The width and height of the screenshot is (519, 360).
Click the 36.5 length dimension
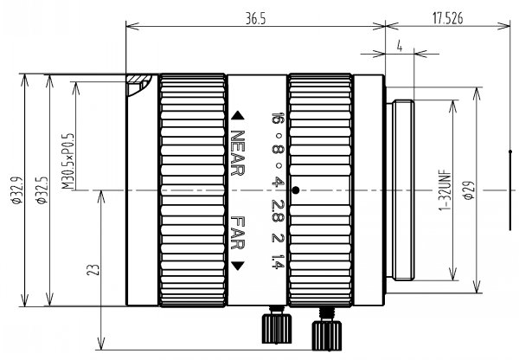tap(255, 19)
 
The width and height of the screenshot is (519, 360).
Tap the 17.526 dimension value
tap(448, 19)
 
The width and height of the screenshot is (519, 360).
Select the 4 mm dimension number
tap(400, 47)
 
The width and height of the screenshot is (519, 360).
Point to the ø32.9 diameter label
tap(17, 190)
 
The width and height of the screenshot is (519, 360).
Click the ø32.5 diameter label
tap(42, 190)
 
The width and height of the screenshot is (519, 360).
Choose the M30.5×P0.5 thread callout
tap(68, 162)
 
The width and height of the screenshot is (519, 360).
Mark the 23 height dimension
tap(93, 270)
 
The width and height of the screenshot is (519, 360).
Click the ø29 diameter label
tap(469, 190)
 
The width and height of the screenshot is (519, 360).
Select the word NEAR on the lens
tap(238, 152)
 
